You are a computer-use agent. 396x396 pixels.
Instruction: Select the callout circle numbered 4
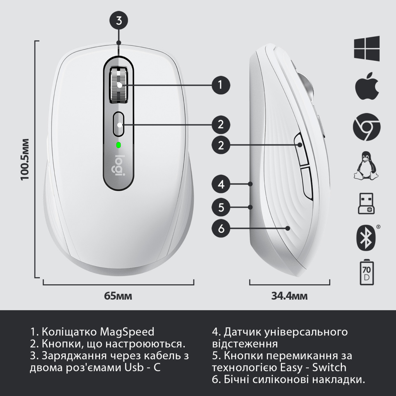click(221, 184)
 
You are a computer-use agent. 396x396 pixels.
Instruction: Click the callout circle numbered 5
click(221, 207)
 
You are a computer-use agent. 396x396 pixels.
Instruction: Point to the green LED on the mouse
click(118, 145)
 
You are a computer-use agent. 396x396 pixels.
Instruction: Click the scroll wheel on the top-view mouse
click(119, 85)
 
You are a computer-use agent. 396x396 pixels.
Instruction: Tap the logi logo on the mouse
click(121, 166)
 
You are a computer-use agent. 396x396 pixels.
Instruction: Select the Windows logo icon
click(366, 48)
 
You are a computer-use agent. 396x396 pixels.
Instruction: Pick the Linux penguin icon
click(366, 166)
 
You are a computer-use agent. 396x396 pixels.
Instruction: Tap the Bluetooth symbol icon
click(365, 237)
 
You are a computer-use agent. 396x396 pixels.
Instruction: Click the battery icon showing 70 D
click(366, 273)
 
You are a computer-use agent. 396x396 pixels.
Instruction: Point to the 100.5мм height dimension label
click(25, 159)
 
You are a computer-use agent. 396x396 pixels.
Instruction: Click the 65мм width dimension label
click(118, 296)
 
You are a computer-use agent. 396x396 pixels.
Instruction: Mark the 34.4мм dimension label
click(289, 296)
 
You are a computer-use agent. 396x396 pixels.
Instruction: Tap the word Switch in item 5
click(330, 367)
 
